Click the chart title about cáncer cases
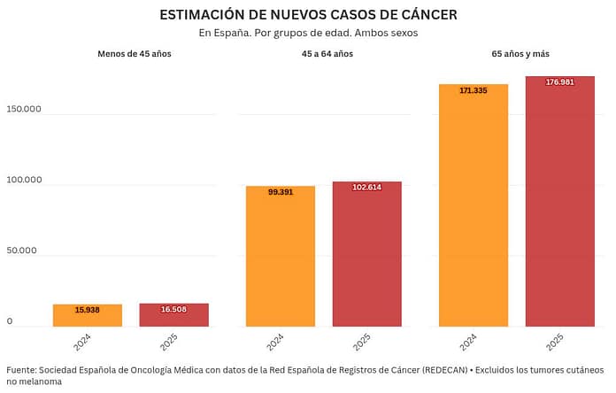(x=308, y=15)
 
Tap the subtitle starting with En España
(x=308, y=34)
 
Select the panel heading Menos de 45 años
(x=134, y=54)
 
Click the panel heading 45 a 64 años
(x=327, y=54)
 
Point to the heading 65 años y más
(x=520, y=54)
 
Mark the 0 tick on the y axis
(x=10, y=321)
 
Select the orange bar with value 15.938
(x=87, y=316)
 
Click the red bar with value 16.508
(x=173, y=315)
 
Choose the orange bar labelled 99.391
(x=281, y=257)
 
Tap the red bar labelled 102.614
(x=366, y=255)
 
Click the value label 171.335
(x=474, y=90)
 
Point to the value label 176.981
(x=559, y=82)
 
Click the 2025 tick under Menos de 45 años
(x=170, y=342)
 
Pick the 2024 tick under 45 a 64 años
(x=276, y=342)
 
